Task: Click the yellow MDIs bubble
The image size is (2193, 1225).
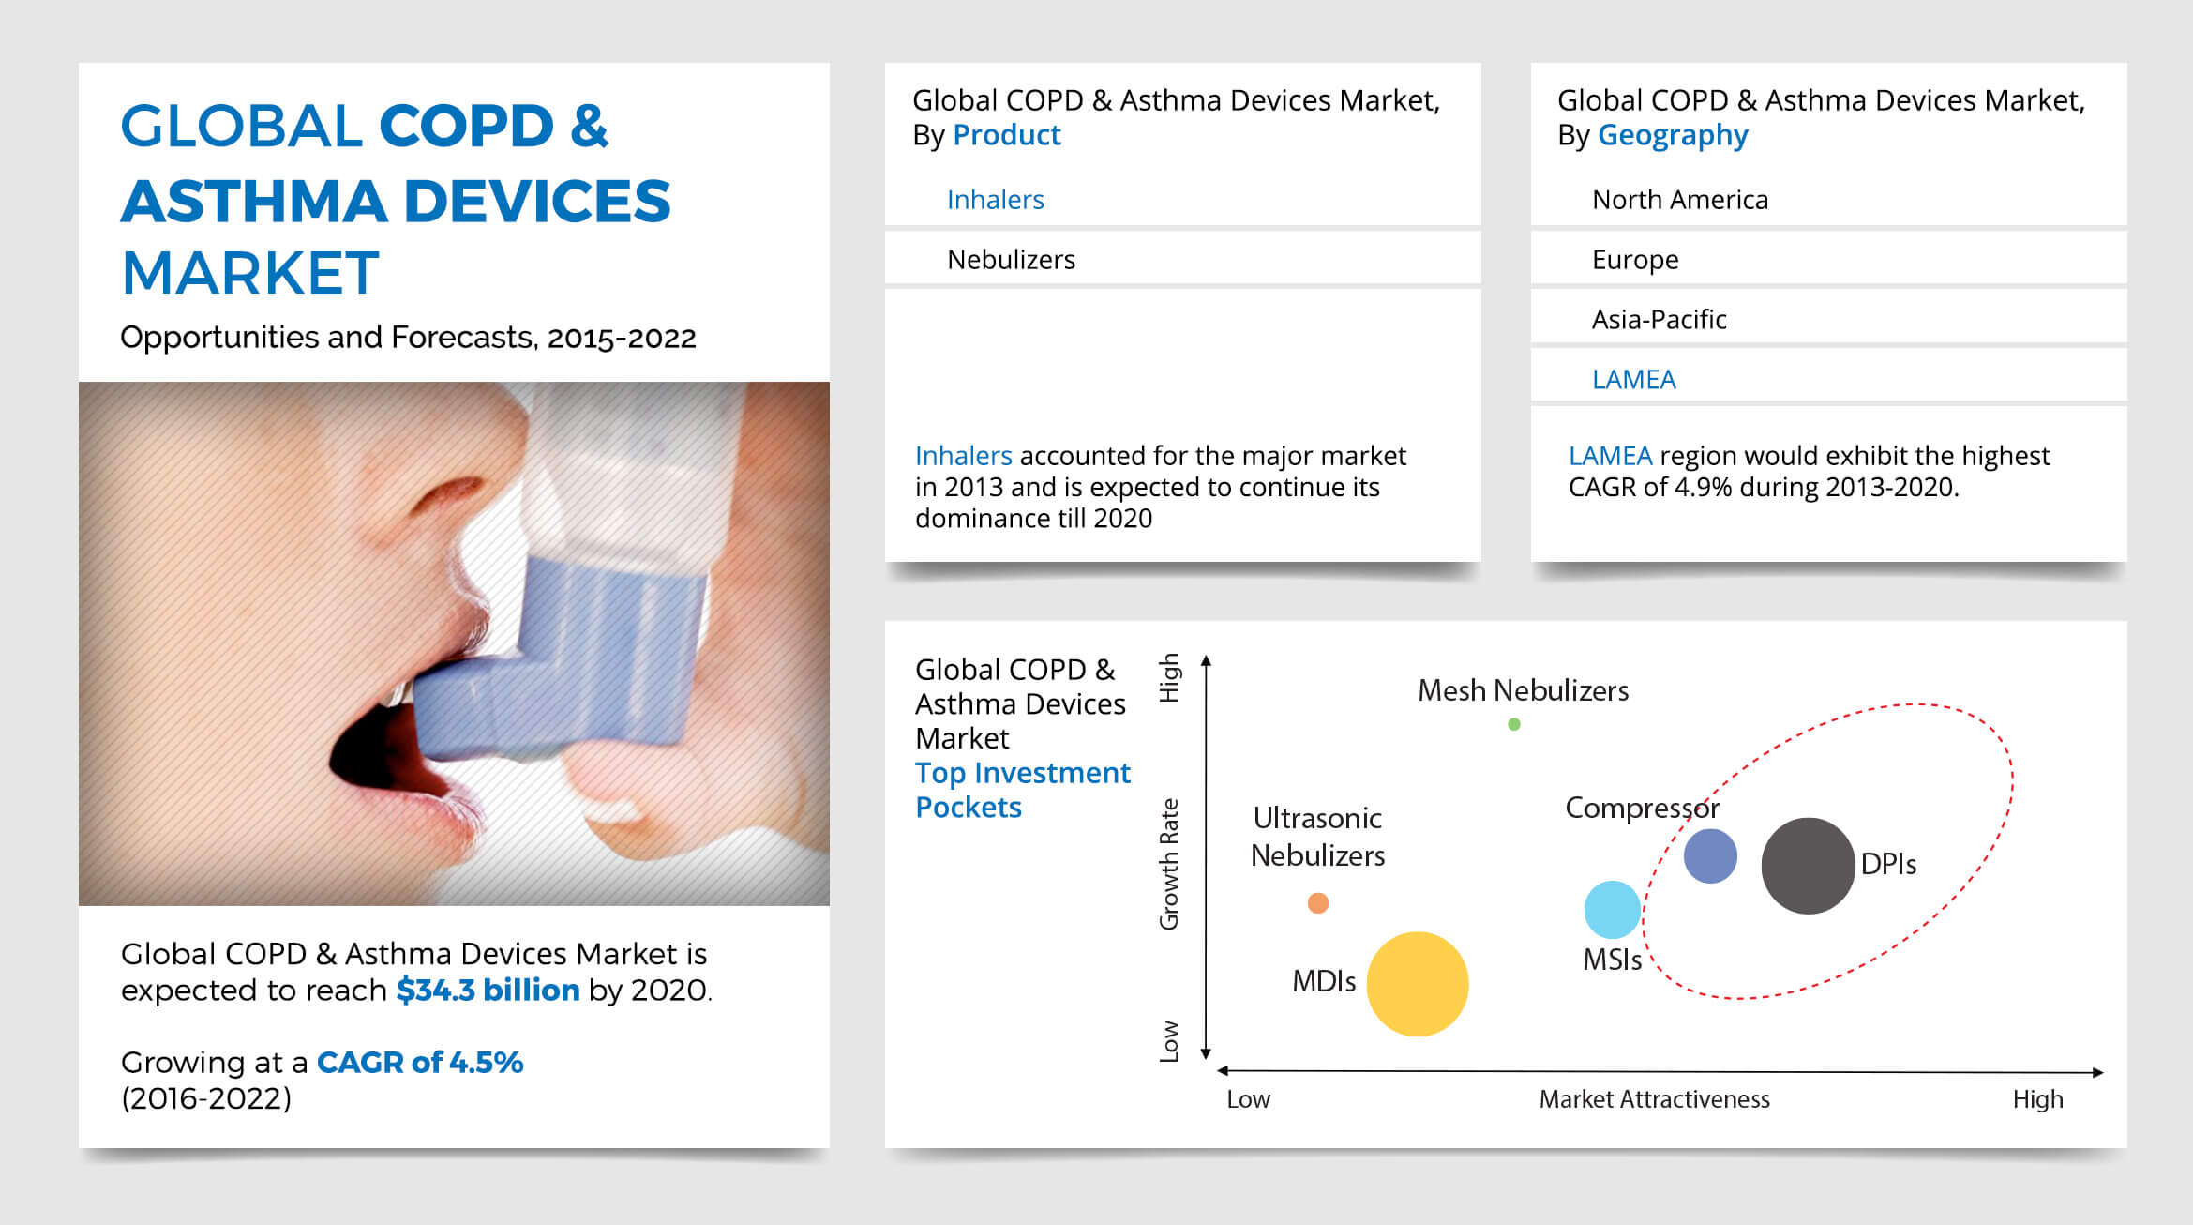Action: click(x=1417, y=984)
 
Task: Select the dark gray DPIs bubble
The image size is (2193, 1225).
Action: click(x=1807, y=866)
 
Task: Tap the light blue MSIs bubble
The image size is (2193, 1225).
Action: click(x=1612, y=910)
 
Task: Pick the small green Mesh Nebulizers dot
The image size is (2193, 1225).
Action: click(x=1513, y=724)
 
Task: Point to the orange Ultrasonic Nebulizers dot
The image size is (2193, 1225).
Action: click(x=1317, y=903)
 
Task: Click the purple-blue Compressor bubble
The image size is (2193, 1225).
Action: click(x=1709, y=855)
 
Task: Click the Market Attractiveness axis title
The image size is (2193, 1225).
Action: click(x=1654, y=1099)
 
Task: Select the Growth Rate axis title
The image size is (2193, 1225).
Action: click(x=1169, y=864)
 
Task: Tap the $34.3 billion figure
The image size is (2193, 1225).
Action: click(x=488, y=991)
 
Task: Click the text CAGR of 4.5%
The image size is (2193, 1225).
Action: click(x=419, y=1062)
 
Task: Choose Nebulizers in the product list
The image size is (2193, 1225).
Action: click(x=1011, y=260)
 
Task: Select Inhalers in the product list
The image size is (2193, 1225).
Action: click(x=995, y=200)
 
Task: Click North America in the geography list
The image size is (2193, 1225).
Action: click(x=1679, y=200)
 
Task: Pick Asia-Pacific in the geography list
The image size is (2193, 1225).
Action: click(x=1659, y=320)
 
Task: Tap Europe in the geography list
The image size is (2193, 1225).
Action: click(x=1634, y=260)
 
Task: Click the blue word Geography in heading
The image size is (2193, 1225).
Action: click(x=1672, y=136)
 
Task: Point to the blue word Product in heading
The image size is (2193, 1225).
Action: click(x=1006, y=136)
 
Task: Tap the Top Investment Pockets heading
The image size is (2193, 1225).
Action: click(x=1022, y=790)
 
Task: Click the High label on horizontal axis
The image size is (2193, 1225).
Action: click(x=2037, y=1099)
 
